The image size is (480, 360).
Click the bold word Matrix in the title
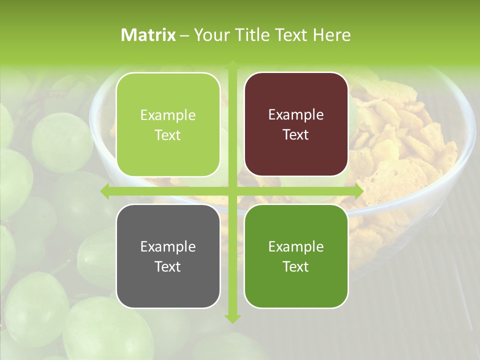click(148, 35)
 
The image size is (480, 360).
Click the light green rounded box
click(168, 124)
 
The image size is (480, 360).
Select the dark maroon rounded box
click(296, 124)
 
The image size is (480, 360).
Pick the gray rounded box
click(168, 256)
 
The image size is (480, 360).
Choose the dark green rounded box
click(296, 256)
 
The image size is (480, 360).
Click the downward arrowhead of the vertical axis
click(232, 318)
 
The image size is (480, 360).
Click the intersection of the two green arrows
click(232, 191)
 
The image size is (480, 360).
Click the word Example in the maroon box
click(296, 115)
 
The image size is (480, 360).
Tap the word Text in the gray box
click(168, 266)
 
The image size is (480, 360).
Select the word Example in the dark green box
click(296, 246)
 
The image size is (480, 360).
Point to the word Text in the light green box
click(168, 135)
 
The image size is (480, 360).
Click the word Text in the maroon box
click(296, 135)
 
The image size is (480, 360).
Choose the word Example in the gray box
click(168, 246)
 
